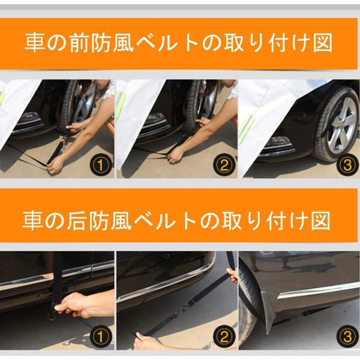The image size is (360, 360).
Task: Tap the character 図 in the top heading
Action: coord(323,43)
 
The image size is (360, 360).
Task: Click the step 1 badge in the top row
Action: coord(101,164)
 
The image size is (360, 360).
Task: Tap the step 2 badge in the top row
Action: coord(224,164)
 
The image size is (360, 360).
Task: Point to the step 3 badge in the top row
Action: coord(347,164)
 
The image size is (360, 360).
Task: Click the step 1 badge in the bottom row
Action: coord(101,337)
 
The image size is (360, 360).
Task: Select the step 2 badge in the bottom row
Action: coord(224,337)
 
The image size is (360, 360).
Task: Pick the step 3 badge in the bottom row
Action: coord(347,337)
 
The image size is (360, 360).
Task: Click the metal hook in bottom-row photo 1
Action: coord(52,313)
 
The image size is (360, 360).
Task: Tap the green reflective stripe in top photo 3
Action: coord(247,129)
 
